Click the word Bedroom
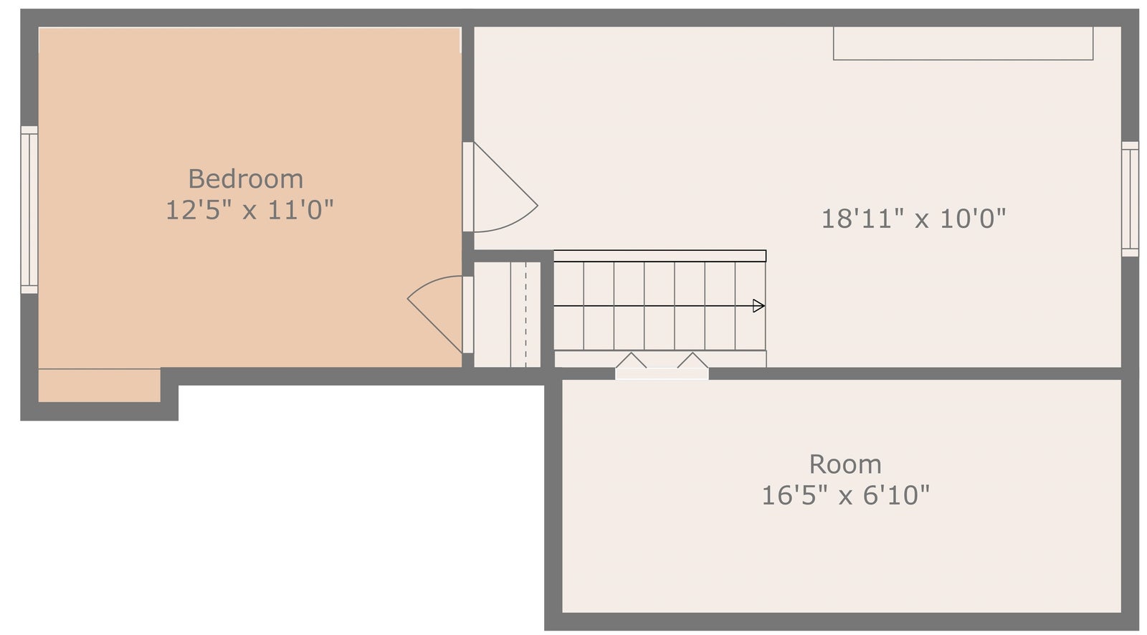point(246,179)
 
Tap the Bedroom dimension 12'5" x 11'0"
point(249,210)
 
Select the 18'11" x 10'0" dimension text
point(913,219)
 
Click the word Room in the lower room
point(845,464)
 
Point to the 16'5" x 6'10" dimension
point(845,495)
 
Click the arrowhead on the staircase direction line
point(759,306)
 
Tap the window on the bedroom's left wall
point(29,210)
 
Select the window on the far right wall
point(1130,199)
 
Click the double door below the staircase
point(662,368)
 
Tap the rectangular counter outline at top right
point(963,44)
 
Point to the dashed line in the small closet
point(526,315)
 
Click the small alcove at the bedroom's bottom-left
point(100,386)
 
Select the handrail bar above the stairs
point(660,256)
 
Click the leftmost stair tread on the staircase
point(569,306)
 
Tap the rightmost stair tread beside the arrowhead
point(751,306)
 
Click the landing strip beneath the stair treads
point(660,359)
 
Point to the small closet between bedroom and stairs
point(507,315)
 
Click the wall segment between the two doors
point(468,254)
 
